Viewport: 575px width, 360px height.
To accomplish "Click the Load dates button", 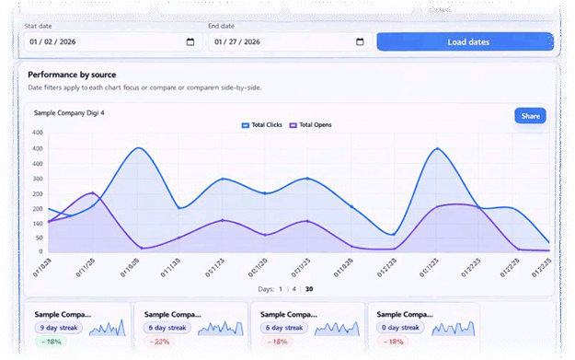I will pyautogui.click(x=465, y=42).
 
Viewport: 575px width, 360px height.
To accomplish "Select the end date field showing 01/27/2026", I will pyautogui.click(x=285, y=42).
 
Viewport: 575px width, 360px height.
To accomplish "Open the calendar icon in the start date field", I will pyautogui.click(x=190, y=42).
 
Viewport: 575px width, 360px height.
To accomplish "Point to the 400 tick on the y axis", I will pyautogui.click(x=38, y=134).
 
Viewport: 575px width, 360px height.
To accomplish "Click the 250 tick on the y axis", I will pyautogui.click(x=38, y=178).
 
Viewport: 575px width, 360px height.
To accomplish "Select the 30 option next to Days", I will pyautogui.click(x=308, y=289).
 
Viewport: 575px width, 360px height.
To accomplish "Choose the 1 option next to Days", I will pyautogui.click(x=280, y=289).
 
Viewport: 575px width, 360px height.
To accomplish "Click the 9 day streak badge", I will pyautogui.click(x=60, y=327).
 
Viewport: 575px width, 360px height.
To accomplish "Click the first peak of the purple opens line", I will pyautogui.click(x=92, y=193).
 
